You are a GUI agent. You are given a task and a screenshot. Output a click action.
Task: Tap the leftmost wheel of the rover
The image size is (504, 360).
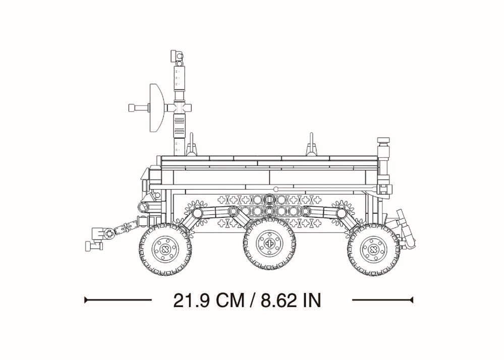coord(165,249)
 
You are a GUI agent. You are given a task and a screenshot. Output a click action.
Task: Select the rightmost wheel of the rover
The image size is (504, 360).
coord(374,249)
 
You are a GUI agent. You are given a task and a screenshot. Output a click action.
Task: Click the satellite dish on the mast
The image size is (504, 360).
coord(157,108)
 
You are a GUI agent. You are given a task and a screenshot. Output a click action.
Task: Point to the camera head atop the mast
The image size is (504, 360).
coord(177,56)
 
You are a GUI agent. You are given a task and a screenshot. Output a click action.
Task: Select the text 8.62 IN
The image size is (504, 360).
coord(291,301)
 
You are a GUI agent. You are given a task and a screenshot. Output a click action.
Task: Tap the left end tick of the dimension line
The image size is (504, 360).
coord(85,301)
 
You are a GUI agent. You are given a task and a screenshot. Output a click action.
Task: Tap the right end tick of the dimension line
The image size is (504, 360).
coord(413,301)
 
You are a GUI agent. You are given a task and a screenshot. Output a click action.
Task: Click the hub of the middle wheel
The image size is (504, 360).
coord(269,244)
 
